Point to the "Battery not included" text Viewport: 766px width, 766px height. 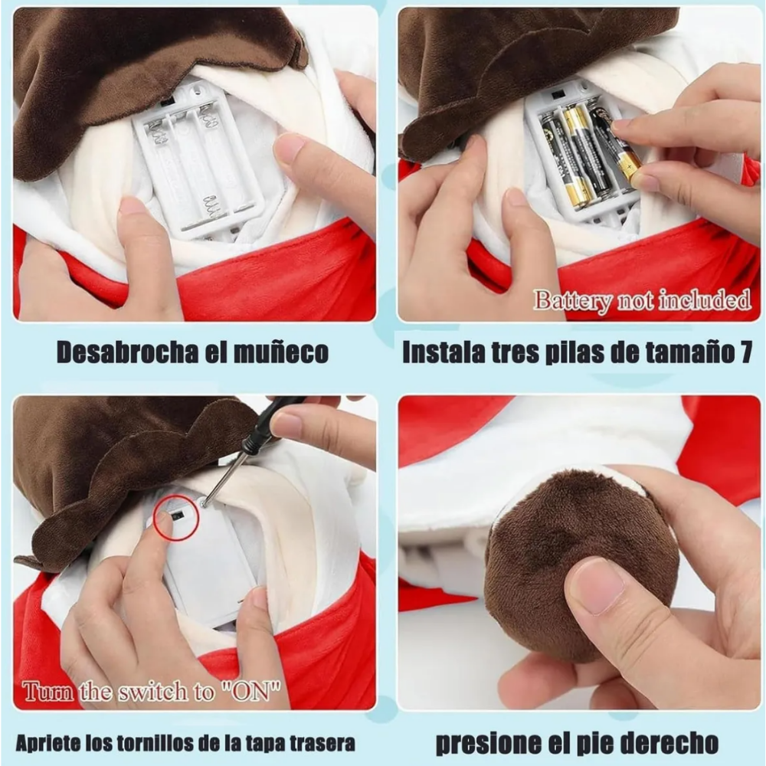[642, 299]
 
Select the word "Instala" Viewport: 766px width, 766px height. [442, 352]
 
